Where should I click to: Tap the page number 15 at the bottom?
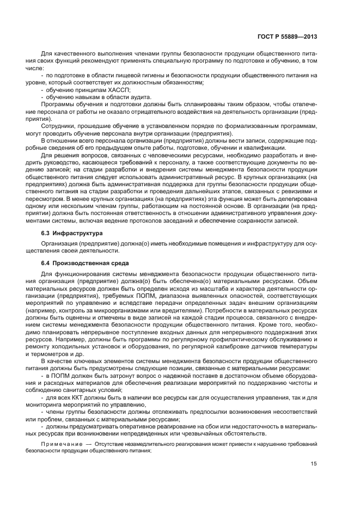[x=314, y=464]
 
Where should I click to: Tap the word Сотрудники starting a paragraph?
[x=59, y=125]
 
